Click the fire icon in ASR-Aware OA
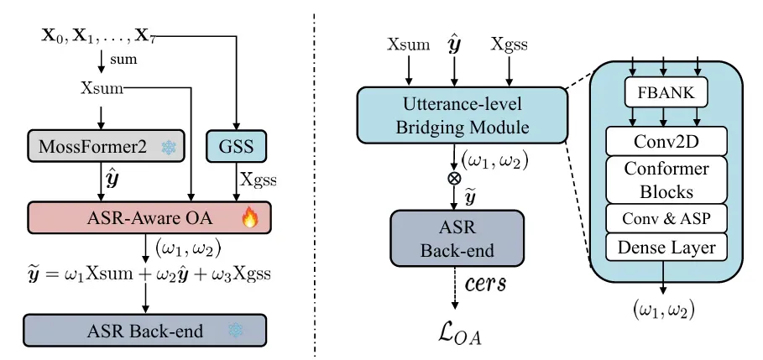249,221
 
